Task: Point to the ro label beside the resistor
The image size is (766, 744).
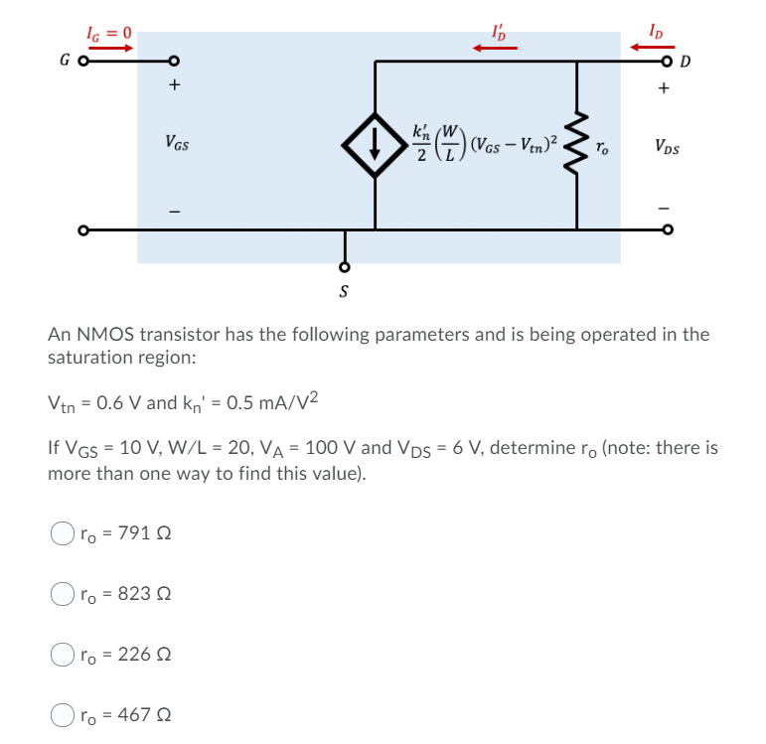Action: [601, 149]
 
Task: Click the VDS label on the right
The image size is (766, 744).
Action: [668, 149]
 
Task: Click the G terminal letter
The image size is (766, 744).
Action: [65, 62]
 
